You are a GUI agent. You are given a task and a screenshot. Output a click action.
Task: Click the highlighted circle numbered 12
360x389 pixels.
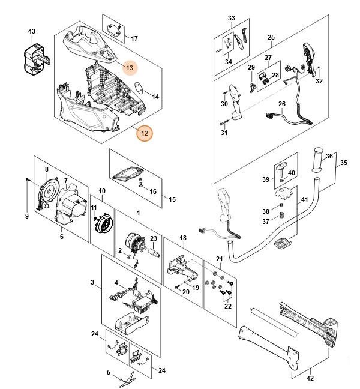point(144,132)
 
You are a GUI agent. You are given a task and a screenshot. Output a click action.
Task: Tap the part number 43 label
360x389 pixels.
point(32,31)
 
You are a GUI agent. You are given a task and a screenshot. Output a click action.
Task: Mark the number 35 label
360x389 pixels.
point(344,163)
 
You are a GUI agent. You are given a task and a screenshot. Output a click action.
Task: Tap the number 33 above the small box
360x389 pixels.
point(232,19)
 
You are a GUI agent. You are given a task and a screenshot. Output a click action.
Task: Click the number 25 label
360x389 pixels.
point(271,38)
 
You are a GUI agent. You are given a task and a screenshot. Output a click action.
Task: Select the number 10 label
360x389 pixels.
point(102,191)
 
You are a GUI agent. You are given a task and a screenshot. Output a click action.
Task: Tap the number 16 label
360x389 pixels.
point(152,191)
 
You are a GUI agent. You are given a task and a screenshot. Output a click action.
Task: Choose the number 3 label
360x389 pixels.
point(92,282)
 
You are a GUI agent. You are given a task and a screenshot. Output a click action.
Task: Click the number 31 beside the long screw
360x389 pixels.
point(224,133)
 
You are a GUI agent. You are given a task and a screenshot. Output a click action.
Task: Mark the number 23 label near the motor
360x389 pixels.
point(152,238)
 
